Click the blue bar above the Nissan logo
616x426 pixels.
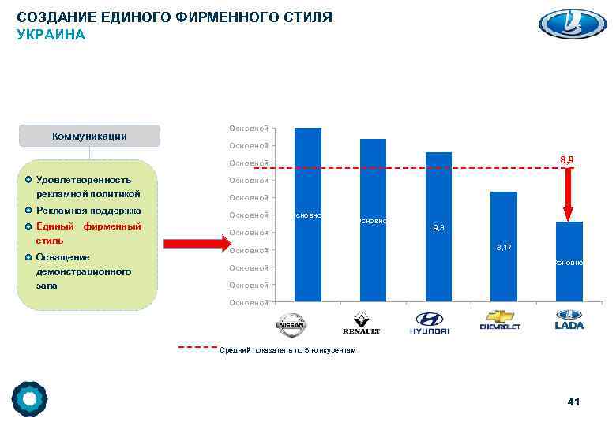308,213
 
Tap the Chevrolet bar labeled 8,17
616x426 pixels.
504,246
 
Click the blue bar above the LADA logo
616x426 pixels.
569,260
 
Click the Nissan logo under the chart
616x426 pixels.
291,323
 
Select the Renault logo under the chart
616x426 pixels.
361,323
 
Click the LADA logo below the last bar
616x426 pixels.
569,320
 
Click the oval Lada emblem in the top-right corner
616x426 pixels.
572,23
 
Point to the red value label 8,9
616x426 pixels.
567,160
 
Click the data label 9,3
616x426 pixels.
438,228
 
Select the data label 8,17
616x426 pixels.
504,248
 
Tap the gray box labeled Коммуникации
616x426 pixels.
90,136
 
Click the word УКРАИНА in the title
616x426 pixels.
51,35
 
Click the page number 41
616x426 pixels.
573,402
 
